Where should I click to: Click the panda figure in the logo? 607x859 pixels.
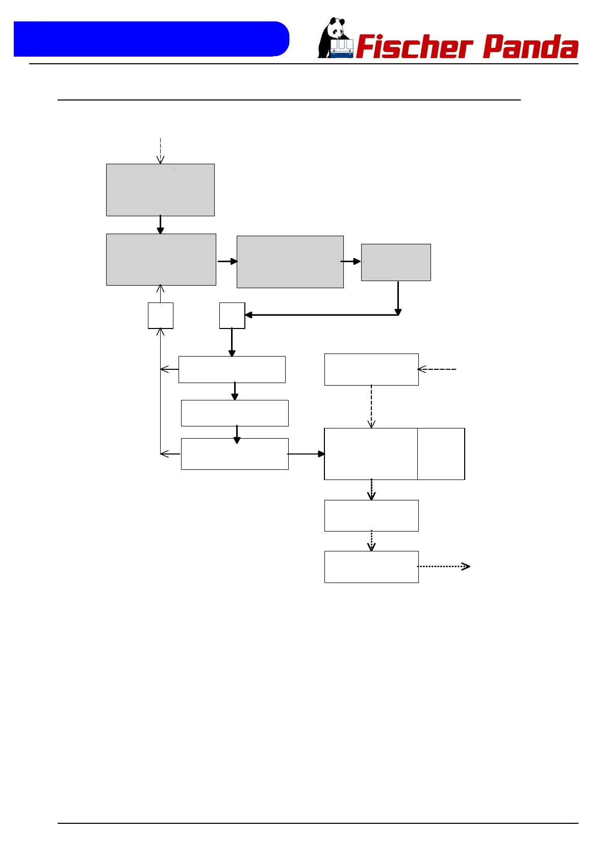[x=334, y=38]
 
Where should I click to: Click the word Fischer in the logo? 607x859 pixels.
[x=414, y=47]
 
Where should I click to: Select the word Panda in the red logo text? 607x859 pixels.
[x=530, y=47]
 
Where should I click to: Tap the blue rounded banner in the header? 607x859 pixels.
[x=151, y=39]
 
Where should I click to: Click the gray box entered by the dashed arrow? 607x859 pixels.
[x=160, y=190]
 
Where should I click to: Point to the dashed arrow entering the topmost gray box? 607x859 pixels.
[x=160, y=150]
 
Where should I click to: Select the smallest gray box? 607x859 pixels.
[x=396, y=262]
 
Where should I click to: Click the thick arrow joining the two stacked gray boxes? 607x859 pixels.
[x=160, y=224]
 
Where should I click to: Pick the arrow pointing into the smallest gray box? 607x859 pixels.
[x=351, y=261]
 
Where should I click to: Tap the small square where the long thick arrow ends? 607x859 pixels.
[x=232, y=315]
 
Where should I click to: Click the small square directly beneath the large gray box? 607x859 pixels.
[x=161, y=315]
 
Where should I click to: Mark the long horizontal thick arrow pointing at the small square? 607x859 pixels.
[x=321, y=315]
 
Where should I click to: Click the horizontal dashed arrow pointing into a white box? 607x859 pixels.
[x=437, y=369]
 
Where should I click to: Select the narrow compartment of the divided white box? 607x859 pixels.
[x=441, y=454]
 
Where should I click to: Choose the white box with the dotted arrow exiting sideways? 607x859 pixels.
[x=371, y=567]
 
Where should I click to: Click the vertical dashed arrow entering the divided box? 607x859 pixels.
[x=371, y=406]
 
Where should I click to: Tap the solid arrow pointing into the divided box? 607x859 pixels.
[x=306, y=453]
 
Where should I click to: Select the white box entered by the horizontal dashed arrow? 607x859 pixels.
[x=371, y=369]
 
